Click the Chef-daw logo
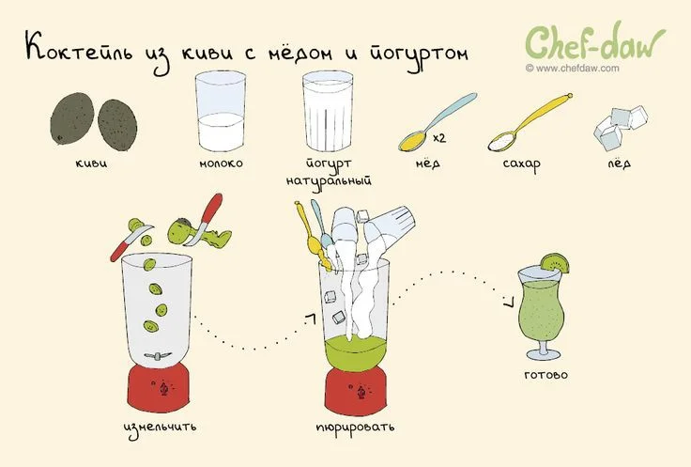595,42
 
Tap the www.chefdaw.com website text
572,69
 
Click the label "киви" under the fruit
91,163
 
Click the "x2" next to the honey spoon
439,138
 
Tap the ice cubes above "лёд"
621,126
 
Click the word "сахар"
521,164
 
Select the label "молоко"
221,163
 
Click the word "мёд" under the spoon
427,163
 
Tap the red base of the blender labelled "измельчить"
159,388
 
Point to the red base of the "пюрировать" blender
356,392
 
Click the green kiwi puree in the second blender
356,352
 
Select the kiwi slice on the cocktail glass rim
555,263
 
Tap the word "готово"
546,375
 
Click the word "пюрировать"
355,428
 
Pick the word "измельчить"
160,428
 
